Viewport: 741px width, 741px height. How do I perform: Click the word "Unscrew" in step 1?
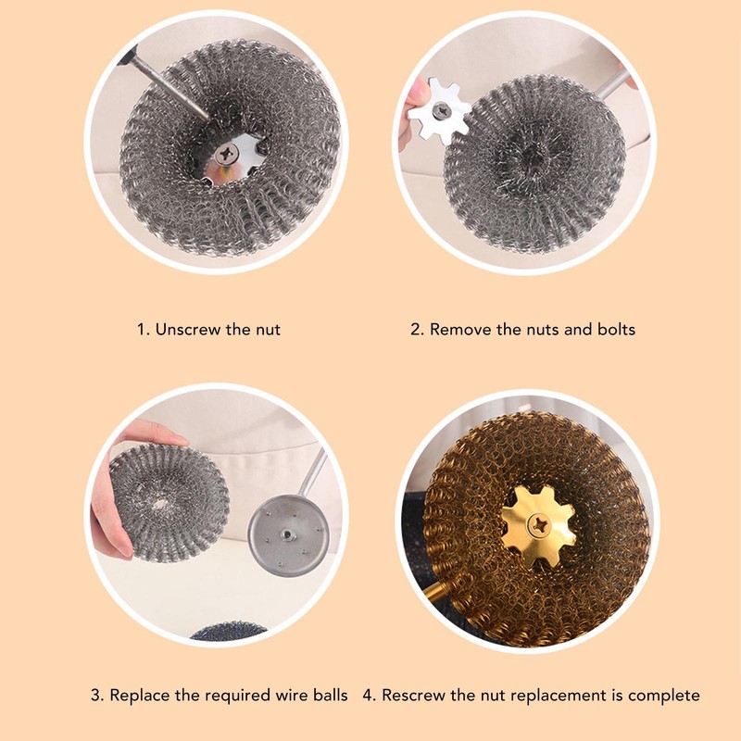[x=188, y=329]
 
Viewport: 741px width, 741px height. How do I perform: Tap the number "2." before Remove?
[x=417, y=329]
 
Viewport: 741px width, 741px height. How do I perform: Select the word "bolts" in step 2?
[x=615, y=329]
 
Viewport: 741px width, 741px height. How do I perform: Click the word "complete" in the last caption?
[x=668, y=695]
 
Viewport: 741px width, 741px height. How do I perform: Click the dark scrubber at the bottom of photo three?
[x=228, y=632]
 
